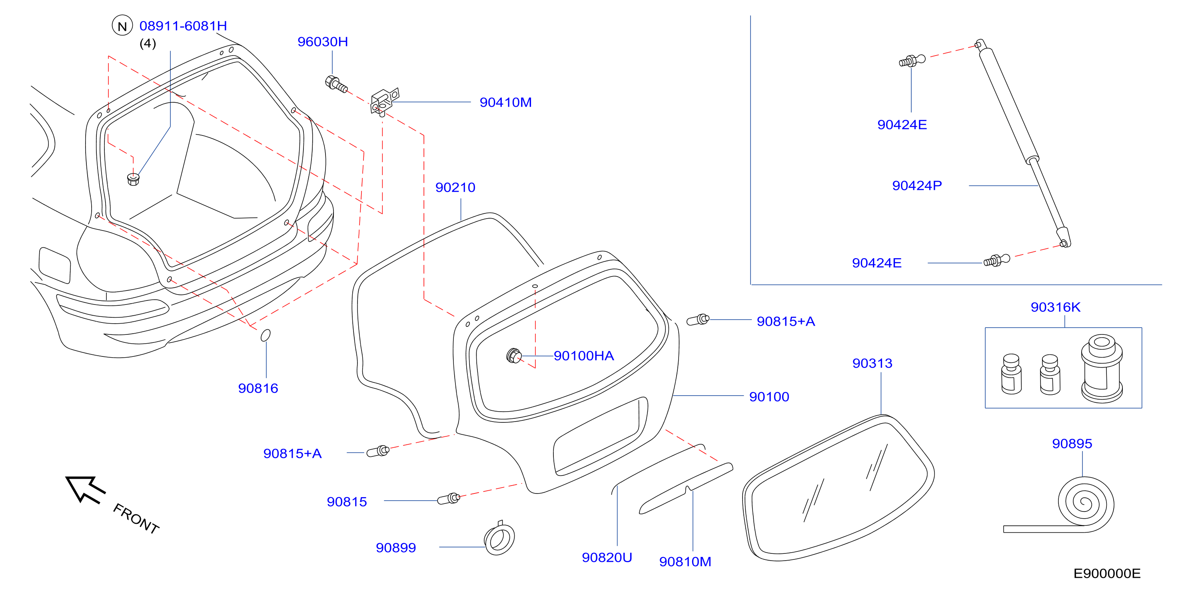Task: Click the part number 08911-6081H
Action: pos(183,26)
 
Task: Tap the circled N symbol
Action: pos(122,26)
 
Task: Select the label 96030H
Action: pos(323,42)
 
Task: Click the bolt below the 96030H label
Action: pos(336,84)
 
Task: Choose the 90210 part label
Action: pos(455,187)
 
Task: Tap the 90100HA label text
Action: pos(583,356)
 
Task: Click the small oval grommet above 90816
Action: pos(266,335)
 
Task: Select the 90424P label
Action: pos(916,185)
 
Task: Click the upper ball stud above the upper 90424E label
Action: pos(912,61)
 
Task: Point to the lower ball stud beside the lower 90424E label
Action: pos(997,261)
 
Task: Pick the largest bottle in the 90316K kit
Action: pos(1102,369)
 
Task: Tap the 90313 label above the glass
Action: pos(872,363)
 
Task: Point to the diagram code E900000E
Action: pos(1107,573)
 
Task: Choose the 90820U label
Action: pos(607,557)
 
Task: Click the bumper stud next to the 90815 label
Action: pos(448,499)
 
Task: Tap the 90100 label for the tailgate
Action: pos(769,397)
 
